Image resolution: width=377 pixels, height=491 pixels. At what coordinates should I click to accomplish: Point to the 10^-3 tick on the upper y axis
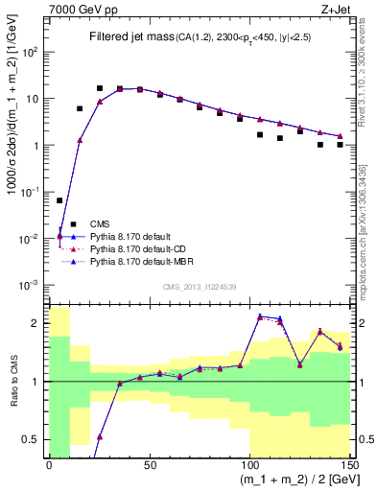point(33,285)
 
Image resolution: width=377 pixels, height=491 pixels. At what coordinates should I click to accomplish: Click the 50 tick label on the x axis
point(148,466)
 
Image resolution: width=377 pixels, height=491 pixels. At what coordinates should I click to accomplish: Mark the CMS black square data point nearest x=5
point(59,200)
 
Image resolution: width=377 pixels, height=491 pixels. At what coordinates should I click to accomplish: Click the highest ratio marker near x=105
point(260,316)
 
